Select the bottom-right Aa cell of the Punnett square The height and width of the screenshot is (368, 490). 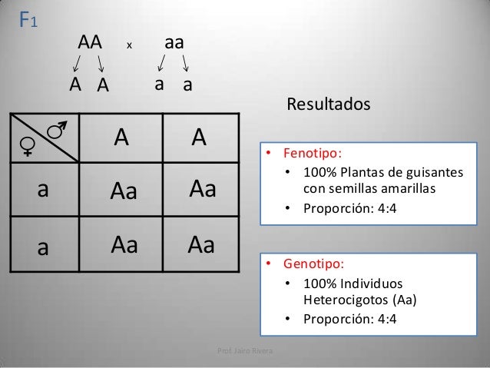[x=202, y=245]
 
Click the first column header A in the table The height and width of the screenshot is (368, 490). [x=121, y=138]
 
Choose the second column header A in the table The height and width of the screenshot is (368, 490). [x=200, y=138]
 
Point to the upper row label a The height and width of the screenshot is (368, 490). [x=44, y=191]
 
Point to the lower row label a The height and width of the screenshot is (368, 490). [x=44, y=247]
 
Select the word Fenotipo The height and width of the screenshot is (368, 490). [x=311, y=152]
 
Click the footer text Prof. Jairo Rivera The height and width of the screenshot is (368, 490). [x=250, y=353]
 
